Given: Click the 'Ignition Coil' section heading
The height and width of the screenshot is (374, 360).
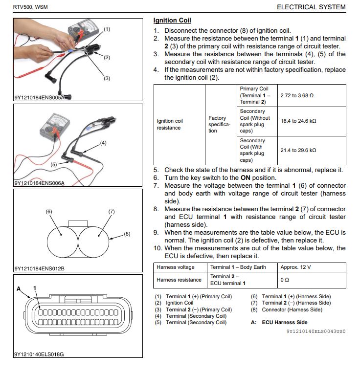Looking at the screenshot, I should tap(172, 21).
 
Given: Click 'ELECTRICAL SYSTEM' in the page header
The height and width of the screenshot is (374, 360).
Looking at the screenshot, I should tap(311, 7).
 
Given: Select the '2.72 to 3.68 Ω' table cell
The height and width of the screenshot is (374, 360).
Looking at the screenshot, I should tap(297, 95).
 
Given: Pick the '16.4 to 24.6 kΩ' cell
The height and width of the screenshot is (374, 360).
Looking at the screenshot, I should tap(298, 121).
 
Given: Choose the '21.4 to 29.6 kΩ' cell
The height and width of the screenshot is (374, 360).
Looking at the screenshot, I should tap(298, 150).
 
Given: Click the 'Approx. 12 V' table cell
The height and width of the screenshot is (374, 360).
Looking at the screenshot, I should tap(296, 267).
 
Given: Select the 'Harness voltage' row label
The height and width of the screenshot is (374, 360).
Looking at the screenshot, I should tap(176, 267).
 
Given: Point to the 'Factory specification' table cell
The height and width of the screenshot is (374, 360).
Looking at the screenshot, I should tap(217, 124).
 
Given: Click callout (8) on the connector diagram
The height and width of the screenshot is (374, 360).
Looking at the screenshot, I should tap(127, 234).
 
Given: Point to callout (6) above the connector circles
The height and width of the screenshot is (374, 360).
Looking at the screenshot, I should tap(49, 212).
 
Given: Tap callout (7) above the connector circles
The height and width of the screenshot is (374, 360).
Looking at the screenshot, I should tap(111, 212).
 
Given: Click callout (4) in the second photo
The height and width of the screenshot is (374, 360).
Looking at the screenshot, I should tap(103, 143).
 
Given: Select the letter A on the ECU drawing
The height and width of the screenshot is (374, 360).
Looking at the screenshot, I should tap(19, 289).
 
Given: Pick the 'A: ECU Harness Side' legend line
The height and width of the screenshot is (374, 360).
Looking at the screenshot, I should tap(279, 323).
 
